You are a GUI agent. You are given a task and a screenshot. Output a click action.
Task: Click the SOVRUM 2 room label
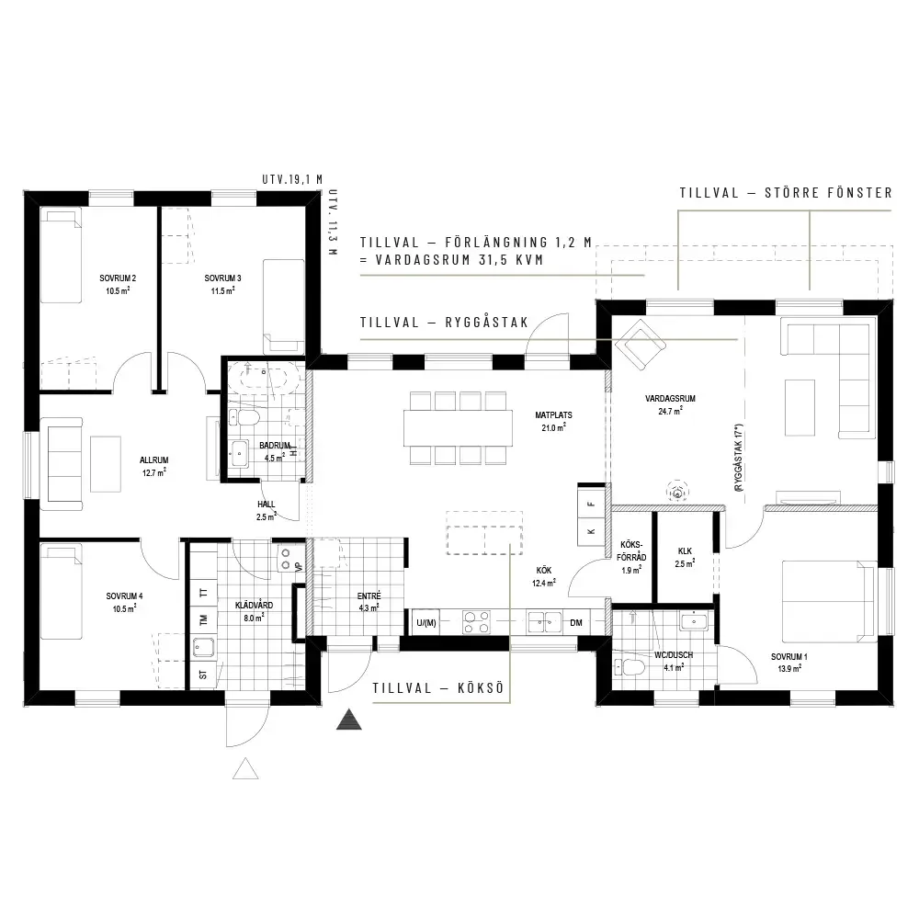[x=118, y=278]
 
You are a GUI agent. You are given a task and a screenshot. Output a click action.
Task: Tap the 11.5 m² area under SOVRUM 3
[x=222, y=290]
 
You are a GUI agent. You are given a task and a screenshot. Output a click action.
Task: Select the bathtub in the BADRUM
[x=265, y=376]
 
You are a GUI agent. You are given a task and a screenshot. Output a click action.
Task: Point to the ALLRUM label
[x=154, y=460]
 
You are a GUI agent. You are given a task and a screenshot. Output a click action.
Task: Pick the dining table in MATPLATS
[x=458, y=428]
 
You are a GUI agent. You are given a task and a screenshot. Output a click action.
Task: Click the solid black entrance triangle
[x=348, y=720]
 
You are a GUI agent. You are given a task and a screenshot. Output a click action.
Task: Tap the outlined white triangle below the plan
[x=245, y=769]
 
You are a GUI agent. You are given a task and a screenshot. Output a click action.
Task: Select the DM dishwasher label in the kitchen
[x=576, y=622]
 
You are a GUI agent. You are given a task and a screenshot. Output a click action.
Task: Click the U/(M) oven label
[x=426, y=622]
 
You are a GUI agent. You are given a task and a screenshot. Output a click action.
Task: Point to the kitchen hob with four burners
[x=476, y=622]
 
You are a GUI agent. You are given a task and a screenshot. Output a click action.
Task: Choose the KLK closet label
[x=685, y=550]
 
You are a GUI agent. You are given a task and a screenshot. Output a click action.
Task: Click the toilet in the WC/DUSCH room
[x=629, y=666]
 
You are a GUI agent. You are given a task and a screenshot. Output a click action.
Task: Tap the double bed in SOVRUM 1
[x=829, y=601]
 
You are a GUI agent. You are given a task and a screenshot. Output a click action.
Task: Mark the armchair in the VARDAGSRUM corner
[x=640, y=344]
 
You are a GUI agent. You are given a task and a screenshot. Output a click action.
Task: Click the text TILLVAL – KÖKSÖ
[x=438, y=688]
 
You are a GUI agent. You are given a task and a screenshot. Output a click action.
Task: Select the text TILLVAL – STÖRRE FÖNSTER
[x=786, y=193]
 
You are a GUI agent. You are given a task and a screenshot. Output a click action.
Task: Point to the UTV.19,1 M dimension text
[x=292, y=179]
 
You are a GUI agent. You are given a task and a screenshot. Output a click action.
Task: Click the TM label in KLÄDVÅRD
[x=203, y=618]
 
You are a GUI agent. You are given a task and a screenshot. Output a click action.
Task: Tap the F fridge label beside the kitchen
[x=591, y=504]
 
